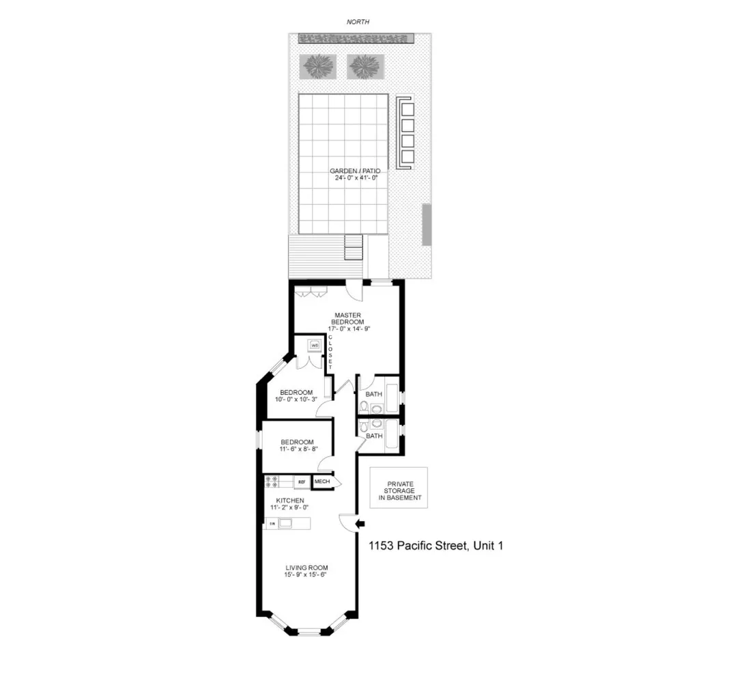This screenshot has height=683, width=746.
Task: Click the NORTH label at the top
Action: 358,23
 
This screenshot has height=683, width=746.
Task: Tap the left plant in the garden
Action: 318,66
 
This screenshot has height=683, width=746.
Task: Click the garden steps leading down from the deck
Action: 354,248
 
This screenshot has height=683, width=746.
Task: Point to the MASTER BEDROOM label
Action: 347,318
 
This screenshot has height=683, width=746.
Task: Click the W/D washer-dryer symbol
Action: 315,346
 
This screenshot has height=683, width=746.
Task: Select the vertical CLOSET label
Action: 330,352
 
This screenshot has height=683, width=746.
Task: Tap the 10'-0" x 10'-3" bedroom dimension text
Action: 293,400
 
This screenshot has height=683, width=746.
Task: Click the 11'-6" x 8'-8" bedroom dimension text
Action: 297,449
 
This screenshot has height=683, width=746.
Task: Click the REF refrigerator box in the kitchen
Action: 301,482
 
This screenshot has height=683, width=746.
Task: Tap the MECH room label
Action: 322,482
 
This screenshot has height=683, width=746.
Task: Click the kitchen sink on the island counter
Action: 285,524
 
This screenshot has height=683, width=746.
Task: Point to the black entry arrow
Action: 361,524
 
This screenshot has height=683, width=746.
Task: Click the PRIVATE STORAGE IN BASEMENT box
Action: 399,488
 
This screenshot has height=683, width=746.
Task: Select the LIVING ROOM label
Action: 306,568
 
